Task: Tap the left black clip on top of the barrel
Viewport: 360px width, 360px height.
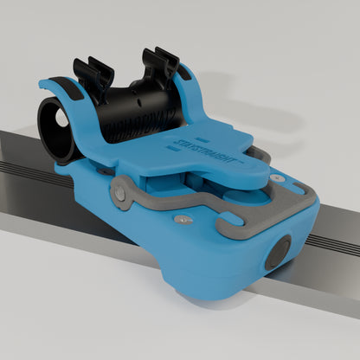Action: [x=93, y=74]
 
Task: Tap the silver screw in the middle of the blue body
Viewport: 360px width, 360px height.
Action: [x=179, y=220]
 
